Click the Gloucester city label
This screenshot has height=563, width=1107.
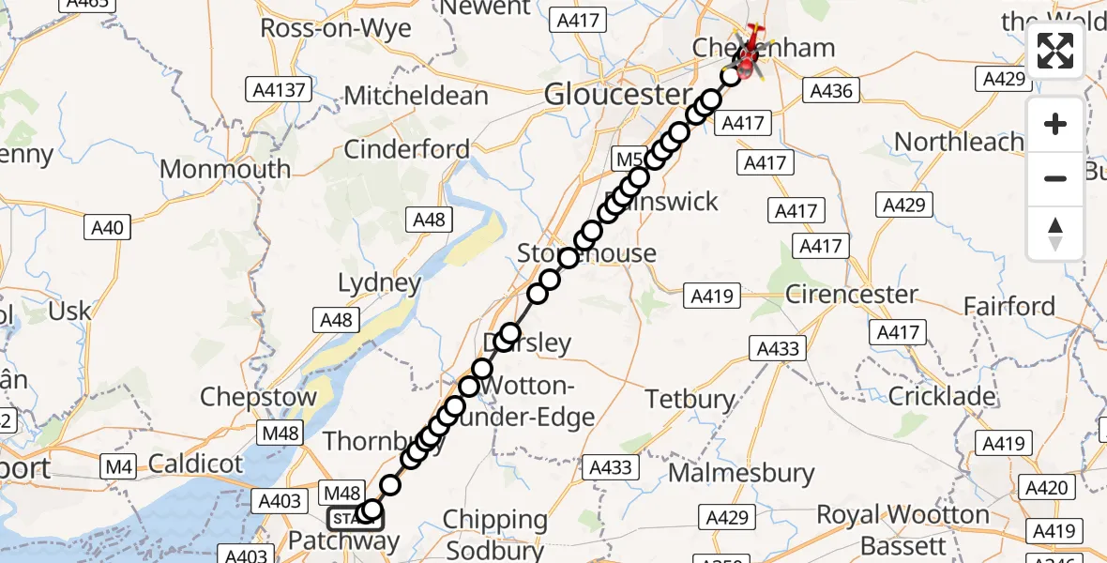pyautogui.click(x=617, y=94)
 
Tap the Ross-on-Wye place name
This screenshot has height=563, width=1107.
pyautogui.click(x=335, y=28)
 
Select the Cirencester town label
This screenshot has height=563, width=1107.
pyautogui.click(x=851, y=294)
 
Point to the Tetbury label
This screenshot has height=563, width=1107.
pyautogui.click(x=690, y=399)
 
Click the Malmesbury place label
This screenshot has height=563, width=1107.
pyautogui.click(x=741, y=473)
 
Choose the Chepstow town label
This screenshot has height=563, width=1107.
pyautogui.click(x=258, y=397)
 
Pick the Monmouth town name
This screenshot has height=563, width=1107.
pyautogui.click(x=225, y=169)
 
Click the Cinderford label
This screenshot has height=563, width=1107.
pyautogui.click(x=406, y=148)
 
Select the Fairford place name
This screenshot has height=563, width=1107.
pyautogui.click(x=1009, y=306)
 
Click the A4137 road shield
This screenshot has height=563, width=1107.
pyautogui.click(x=280, y=90)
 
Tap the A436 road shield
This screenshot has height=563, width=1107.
pyautogui.click(x=830, y=90)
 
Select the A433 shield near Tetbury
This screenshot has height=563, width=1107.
pyautogui.click(x=779, y=349)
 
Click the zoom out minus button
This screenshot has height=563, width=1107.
pyautogui.click(x=1055, y=178)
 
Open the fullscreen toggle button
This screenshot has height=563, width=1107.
pyautogui.click(x=1055, y=51)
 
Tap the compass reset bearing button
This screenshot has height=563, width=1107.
pyautogui.click(x=1055, y=233)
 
